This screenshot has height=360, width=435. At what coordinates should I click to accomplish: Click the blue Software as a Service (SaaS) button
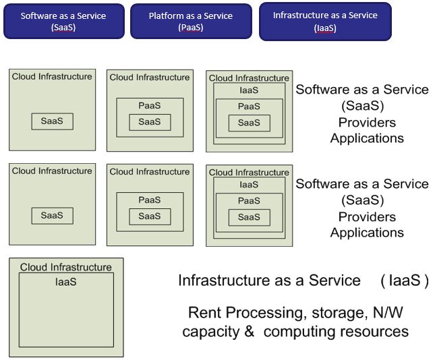tap(63, 22)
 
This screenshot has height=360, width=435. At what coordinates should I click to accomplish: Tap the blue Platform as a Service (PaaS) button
tap(191, 22)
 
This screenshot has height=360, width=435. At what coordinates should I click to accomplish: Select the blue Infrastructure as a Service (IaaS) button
tap(325, 22)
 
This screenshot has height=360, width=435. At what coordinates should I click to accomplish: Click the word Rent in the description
tap(205, 313)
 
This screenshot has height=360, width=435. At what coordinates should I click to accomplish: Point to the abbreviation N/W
tap(390, 313)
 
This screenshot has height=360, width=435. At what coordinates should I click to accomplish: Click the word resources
tap(375, 332)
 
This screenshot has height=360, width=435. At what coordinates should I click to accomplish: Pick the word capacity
tap(210, 332)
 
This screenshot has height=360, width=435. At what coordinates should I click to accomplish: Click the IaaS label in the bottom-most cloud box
tap(66, 282)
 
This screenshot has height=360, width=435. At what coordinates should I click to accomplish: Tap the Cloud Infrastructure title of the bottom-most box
tap(66, 267)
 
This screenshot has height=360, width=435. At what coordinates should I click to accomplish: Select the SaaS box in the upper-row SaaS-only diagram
tap(52, 121)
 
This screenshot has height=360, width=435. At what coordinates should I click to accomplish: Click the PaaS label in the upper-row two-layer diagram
tap(150, 106)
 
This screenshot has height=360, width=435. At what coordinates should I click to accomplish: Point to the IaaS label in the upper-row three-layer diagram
tap(249, 90)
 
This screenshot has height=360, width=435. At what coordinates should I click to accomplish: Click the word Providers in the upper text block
tap(367, 122)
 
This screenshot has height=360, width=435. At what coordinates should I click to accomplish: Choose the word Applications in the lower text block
tap(367, 233)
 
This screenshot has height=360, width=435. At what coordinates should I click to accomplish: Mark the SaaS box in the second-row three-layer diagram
tap(249, 217)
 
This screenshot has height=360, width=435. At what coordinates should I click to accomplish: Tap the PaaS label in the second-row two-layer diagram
tap(150, 200)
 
